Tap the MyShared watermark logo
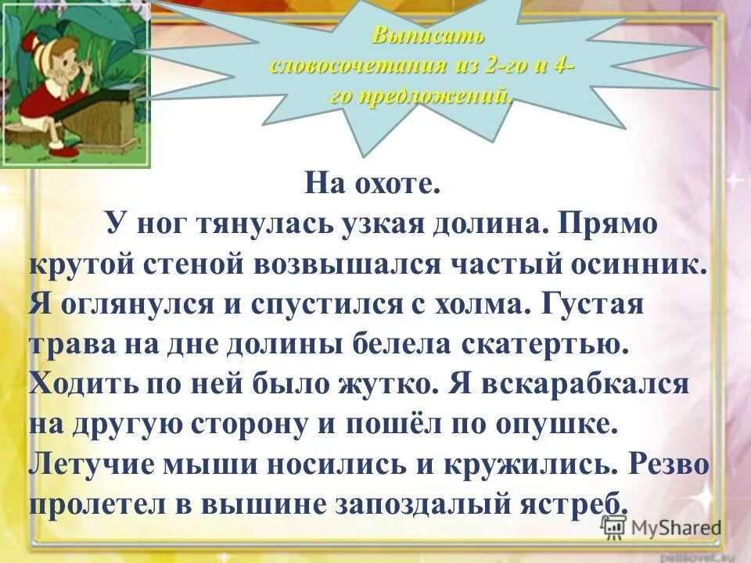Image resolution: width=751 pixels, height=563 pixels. click(x=661, y=528)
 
